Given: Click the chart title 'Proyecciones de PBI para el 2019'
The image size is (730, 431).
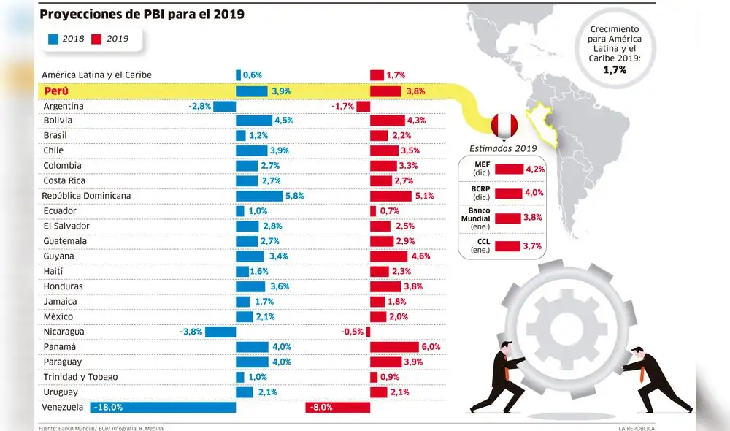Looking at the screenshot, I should coord(142,14).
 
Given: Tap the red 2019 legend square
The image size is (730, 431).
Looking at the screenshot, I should coord(95,38).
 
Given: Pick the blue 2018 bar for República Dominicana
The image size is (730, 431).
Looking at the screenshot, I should coord(259,196).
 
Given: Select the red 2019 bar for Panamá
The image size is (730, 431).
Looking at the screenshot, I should coord(394,347).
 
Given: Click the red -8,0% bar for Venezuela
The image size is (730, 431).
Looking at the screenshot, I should coord(337,407).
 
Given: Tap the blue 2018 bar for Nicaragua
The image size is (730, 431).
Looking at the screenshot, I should coord(220,332).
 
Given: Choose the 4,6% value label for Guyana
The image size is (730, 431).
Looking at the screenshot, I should coord(421,256).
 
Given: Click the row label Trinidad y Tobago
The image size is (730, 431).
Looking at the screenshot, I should coord(80,377).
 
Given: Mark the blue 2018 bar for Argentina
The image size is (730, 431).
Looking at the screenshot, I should coord(224,106).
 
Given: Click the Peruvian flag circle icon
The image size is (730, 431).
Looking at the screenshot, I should coord(504,126).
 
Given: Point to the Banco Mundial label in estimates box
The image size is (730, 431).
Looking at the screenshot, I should coord(474,218).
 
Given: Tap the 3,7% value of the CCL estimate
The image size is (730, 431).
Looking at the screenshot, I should coord(532,246).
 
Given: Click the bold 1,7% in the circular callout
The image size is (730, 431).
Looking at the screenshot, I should coord(615,70).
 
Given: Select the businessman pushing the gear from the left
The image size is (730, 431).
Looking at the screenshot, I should coord(499,378).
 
